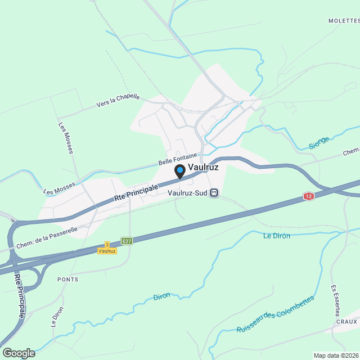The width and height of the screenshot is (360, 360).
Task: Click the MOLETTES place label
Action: point(344,20)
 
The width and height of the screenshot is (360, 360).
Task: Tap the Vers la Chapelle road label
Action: point(118,100)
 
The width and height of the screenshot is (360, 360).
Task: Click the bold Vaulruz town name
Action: point(203,167)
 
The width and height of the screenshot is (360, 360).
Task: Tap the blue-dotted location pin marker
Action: point(180,170)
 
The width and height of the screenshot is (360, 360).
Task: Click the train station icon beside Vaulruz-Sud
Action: point(214,193)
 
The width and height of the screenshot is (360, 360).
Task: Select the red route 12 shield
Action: point(308,196)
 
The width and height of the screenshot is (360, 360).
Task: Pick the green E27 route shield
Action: point(127,241)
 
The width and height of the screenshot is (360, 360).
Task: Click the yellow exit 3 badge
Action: point(107,245)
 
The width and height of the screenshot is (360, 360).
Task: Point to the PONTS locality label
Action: point(67,279)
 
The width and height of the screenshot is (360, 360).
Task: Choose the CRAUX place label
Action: point(347,321)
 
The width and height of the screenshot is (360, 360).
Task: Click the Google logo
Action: point(19,353)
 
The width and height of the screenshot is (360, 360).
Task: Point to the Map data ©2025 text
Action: point(336,355)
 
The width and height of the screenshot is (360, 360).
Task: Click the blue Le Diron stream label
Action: point(277,236)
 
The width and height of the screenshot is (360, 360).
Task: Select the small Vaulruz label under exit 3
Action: point(107,250)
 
